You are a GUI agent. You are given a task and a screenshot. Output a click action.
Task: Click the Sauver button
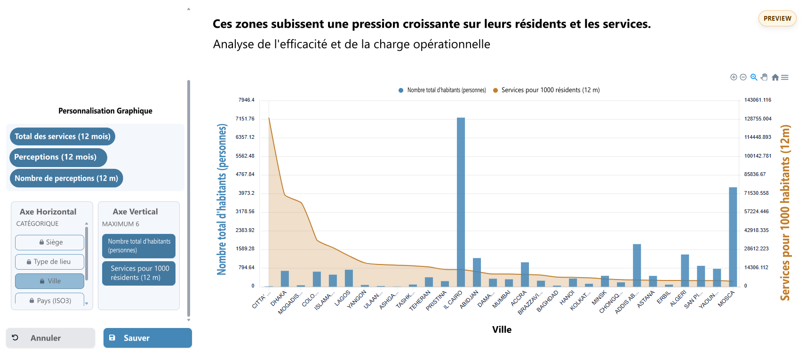tap(147, 338)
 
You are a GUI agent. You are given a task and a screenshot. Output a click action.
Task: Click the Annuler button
tap(50, 338)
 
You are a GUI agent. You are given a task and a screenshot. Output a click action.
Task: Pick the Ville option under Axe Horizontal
tap(49, 281)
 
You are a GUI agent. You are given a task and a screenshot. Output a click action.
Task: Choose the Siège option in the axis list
tap(49, 242)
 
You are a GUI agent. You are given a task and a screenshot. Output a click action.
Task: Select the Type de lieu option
tap(49, 262)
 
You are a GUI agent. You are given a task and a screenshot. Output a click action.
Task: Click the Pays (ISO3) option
tap(49, 300)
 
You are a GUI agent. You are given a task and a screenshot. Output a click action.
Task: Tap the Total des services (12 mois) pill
tap(63, 136)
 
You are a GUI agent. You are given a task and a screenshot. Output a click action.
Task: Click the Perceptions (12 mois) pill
tap(58, 157)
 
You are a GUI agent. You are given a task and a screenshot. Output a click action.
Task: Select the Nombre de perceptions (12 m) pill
tap(66, 178)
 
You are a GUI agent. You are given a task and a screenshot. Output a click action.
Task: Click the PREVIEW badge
tap(777, 18)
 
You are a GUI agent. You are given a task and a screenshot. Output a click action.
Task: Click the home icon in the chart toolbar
tap(775, 77)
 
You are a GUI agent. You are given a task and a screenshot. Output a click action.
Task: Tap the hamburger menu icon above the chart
tap(784, 77)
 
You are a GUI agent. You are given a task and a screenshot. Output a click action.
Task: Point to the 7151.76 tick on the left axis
tap(245, 119)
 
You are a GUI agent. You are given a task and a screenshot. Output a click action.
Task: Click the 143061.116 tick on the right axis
tap(758, 100)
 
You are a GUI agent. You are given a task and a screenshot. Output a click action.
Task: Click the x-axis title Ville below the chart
tap(502, 329)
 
